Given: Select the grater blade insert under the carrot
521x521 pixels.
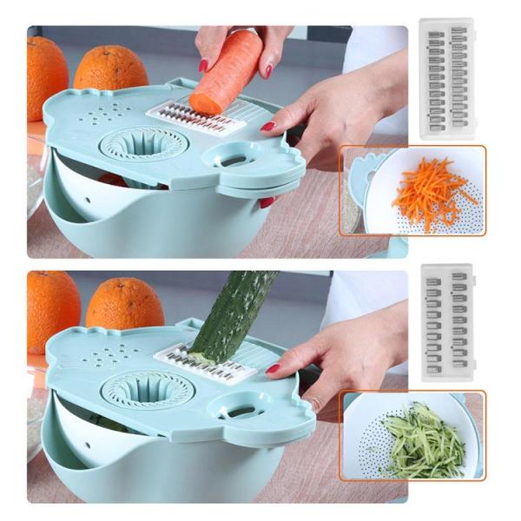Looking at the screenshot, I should tap(195, 118).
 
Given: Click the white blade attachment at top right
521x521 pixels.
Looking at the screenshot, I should tap(447, 77).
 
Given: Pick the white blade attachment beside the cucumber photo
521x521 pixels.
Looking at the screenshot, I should tap(447, 323).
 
